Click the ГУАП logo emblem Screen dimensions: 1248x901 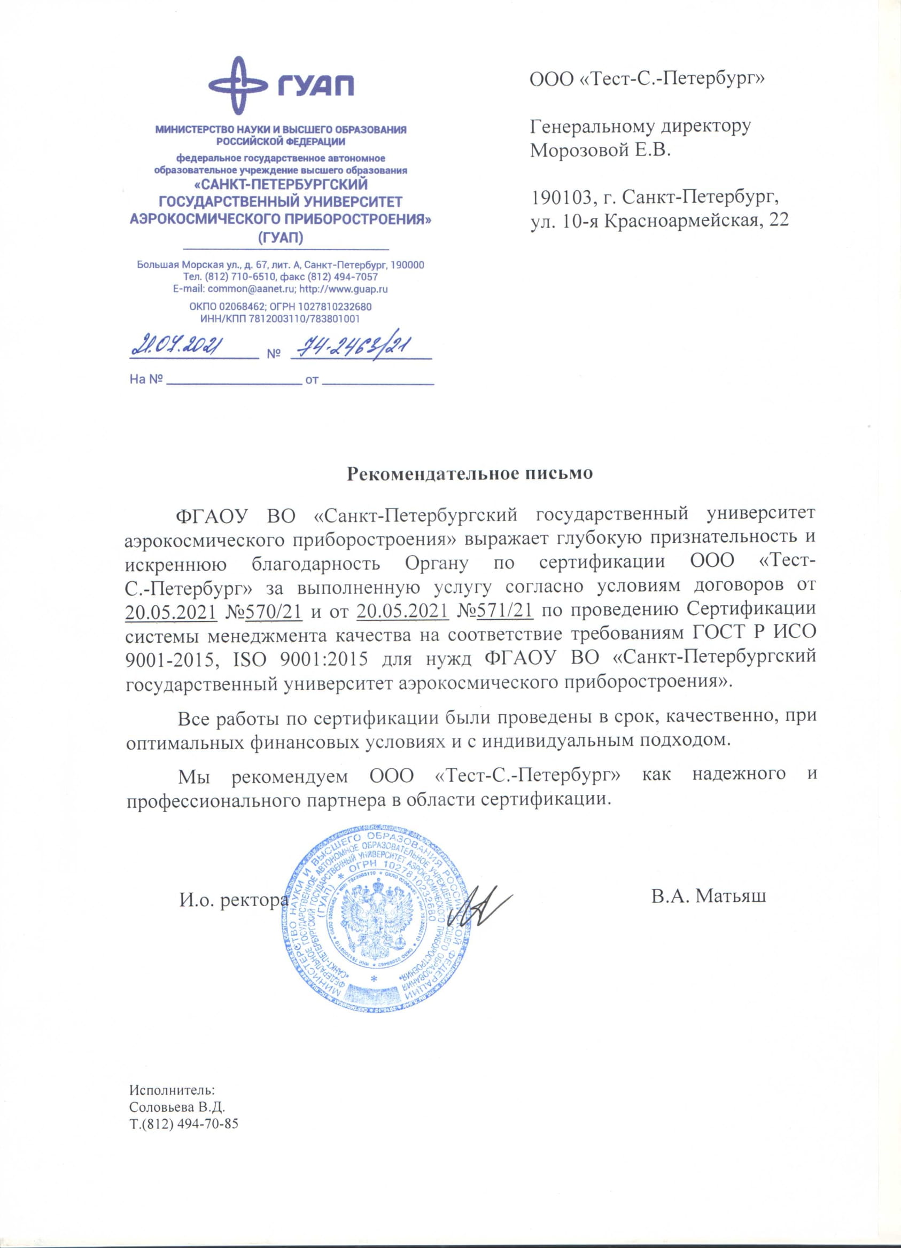(x=236, y=87)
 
